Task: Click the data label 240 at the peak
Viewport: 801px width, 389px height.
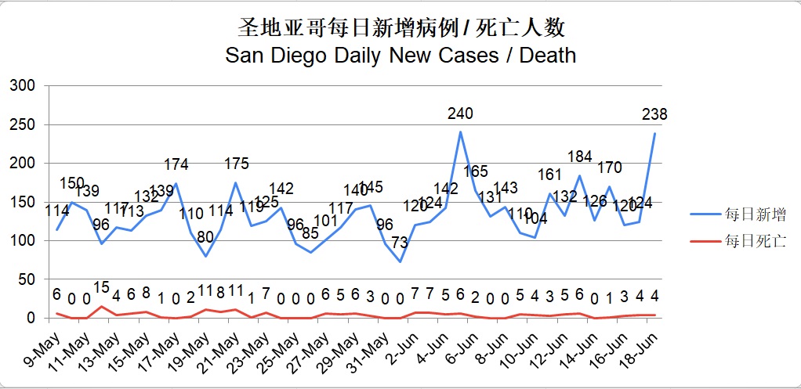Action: [460, 113]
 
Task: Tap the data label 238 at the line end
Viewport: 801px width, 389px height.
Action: [654, 114]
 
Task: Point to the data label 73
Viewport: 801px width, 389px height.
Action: [400, 243]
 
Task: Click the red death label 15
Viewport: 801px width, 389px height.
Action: [101, 287]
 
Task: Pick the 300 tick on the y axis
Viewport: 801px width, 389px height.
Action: [24, 85]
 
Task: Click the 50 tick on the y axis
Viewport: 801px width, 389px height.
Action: [28, 279]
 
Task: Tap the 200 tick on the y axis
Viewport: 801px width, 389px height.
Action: [24, 163]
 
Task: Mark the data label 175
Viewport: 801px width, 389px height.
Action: [236, 164]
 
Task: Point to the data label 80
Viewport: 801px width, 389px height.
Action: [205, 238]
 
